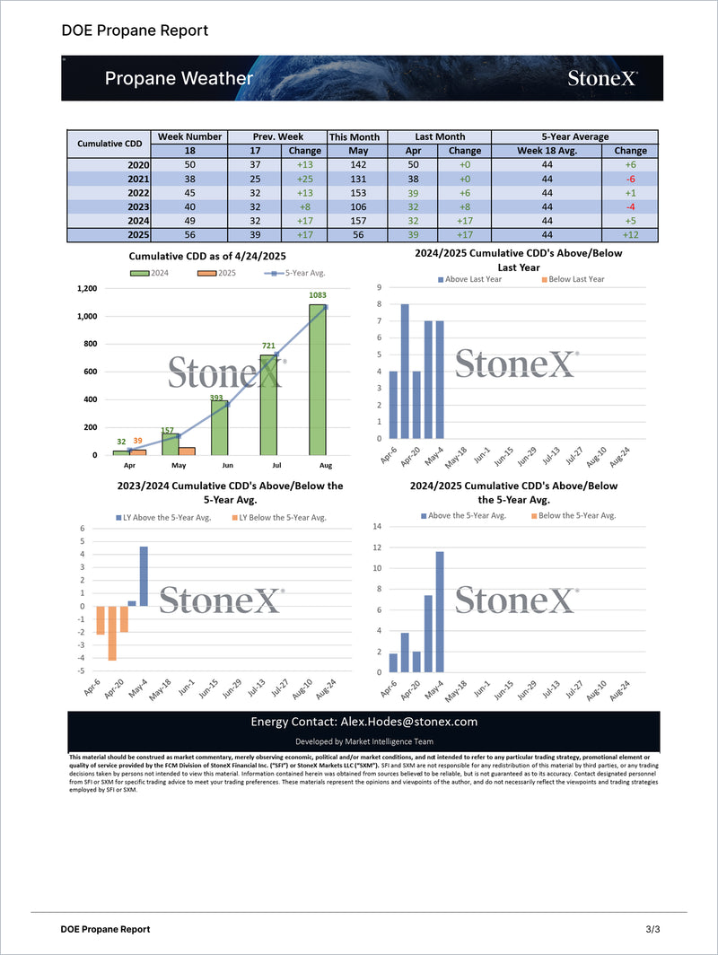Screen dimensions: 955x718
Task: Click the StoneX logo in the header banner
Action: coord(602,78)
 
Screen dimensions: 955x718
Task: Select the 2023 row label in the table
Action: coord(137,207)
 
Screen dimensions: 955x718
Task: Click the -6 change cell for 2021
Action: coord(631,180)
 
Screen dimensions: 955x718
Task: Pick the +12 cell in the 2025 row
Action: coord(631,235)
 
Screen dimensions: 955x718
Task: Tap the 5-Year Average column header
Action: coord(574,136)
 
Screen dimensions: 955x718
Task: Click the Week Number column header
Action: coord(189,136)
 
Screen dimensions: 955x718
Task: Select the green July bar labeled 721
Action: coord(269,405)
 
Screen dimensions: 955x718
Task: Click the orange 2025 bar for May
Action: coord(187,451)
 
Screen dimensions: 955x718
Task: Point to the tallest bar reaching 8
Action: coord(405,372)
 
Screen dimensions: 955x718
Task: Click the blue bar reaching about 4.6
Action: coord(144,575)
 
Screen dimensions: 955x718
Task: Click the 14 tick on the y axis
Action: coord(377,526)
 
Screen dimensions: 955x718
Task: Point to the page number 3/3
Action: coord(652,929)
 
